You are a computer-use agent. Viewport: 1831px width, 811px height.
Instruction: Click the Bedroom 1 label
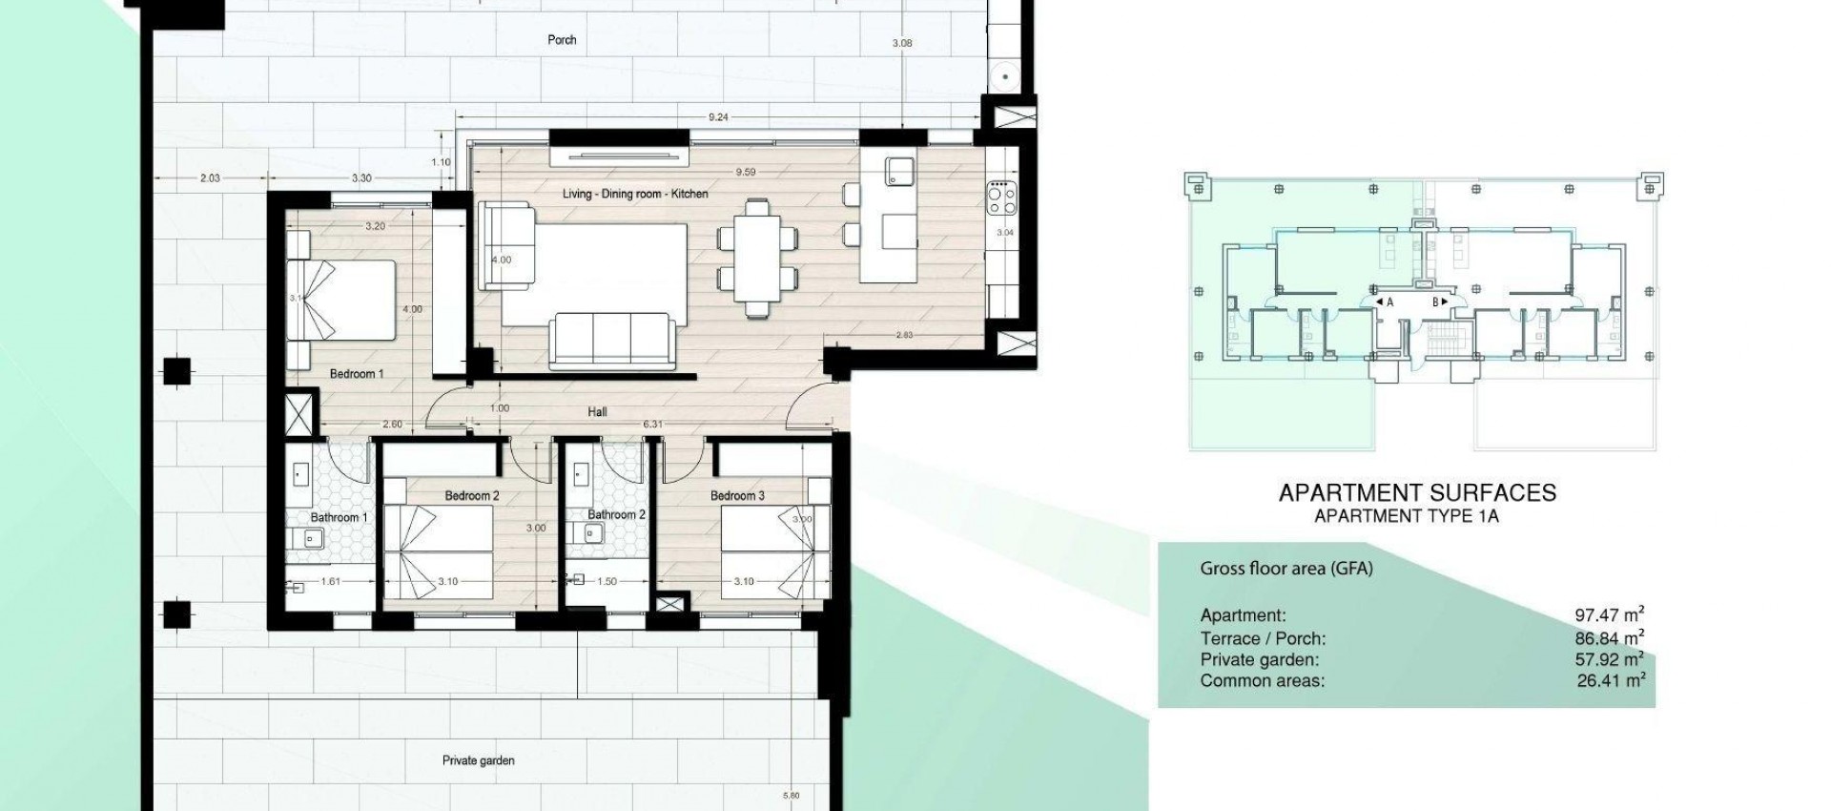pos(357,374)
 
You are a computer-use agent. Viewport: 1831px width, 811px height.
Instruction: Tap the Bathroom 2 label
pos(616,514)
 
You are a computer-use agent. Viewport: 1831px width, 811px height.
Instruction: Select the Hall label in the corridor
pos(597,412)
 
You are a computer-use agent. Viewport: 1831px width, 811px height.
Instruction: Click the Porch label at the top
pos(562,40)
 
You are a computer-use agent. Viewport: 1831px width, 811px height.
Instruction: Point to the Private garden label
pos(478,760)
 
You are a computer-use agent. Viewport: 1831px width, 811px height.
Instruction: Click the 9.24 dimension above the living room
pos(718,117)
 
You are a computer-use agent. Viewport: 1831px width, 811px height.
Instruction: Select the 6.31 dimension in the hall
pos(652,425)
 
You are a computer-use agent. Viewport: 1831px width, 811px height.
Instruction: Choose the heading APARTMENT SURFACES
pos(1416,493)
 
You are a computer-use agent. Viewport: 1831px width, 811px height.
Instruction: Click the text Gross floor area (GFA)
pos(1286,569)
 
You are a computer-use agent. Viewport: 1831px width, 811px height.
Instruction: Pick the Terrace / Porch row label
pos(1263,638)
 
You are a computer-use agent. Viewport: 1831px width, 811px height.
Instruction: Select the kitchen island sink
pos(898,172)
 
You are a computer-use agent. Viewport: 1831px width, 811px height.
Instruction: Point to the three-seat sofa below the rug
pos(611,340)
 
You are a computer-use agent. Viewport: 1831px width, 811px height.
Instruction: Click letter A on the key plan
pos(1389,302)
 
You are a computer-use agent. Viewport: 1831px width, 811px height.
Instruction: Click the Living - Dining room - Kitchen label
pos(634,194)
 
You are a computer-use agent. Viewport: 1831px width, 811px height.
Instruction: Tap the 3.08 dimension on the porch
pos(901,43)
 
